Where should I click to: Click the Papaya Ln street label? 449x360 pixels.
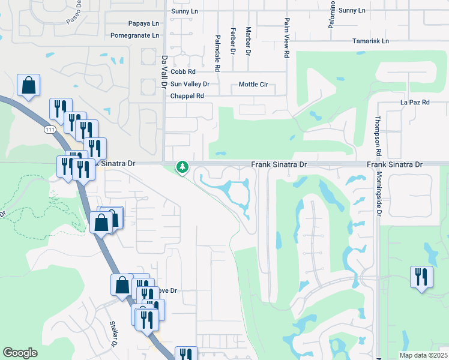tap(143, 23)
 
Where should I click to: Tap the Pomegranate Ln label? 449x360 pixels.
tap(134, 35)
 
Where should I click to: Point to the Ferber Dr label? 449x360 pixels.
tap(233, 40)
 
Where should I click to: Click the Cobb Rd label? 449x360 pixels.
tap(183, 72)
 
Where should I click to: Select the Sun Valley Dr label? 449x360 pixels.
tap(190, 84)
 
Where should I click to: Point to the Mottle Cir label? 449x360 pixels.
tap(253, 84)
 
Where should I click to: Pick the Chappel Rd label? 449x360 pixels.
tap(187, 96)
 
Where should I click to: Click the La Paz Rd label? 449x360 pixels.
tap(415, 103)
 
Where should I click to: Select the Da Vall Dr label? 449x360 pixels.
tap(163, 72)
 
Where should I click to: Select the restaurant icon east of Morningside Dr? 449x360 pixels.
tap(421, 277)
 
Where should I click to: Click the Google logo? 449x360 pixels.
tap(20, 353)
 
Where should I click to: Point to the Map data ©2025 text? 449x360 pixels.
tap(423, 355)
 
